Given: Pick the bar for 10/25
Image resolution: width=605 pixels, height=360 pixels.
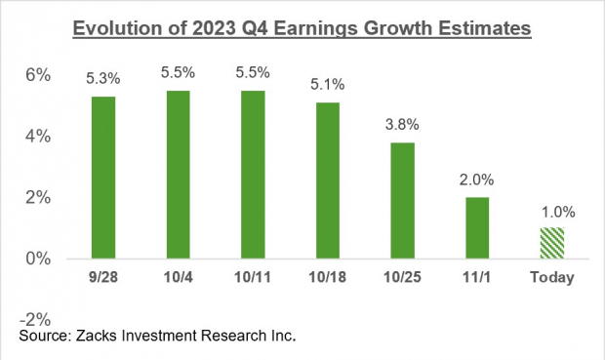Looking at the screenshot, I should (402, 200).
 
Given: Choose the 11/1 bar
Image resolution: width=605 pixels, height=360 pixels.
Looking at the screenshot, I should (477, 227).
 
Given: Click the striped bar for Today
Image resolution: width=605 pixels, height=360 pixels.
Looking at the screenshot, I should (551, 243).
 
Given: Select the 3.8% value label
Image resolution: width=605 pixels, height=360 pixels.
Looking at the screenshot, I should (402, 124).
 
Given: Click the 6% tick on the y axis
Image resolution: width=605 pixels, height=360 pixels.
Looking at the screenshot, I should (38, 75).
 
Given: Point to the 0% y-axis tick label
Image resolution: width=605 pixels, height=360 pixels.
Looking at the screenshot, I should (38, 259).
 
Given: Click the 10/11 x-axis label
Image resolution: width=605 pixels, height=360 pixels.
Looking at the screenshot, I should (252, 278).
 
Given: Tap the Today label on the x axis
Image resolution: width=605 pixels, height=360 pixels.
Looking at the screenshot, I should (551, 278).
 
